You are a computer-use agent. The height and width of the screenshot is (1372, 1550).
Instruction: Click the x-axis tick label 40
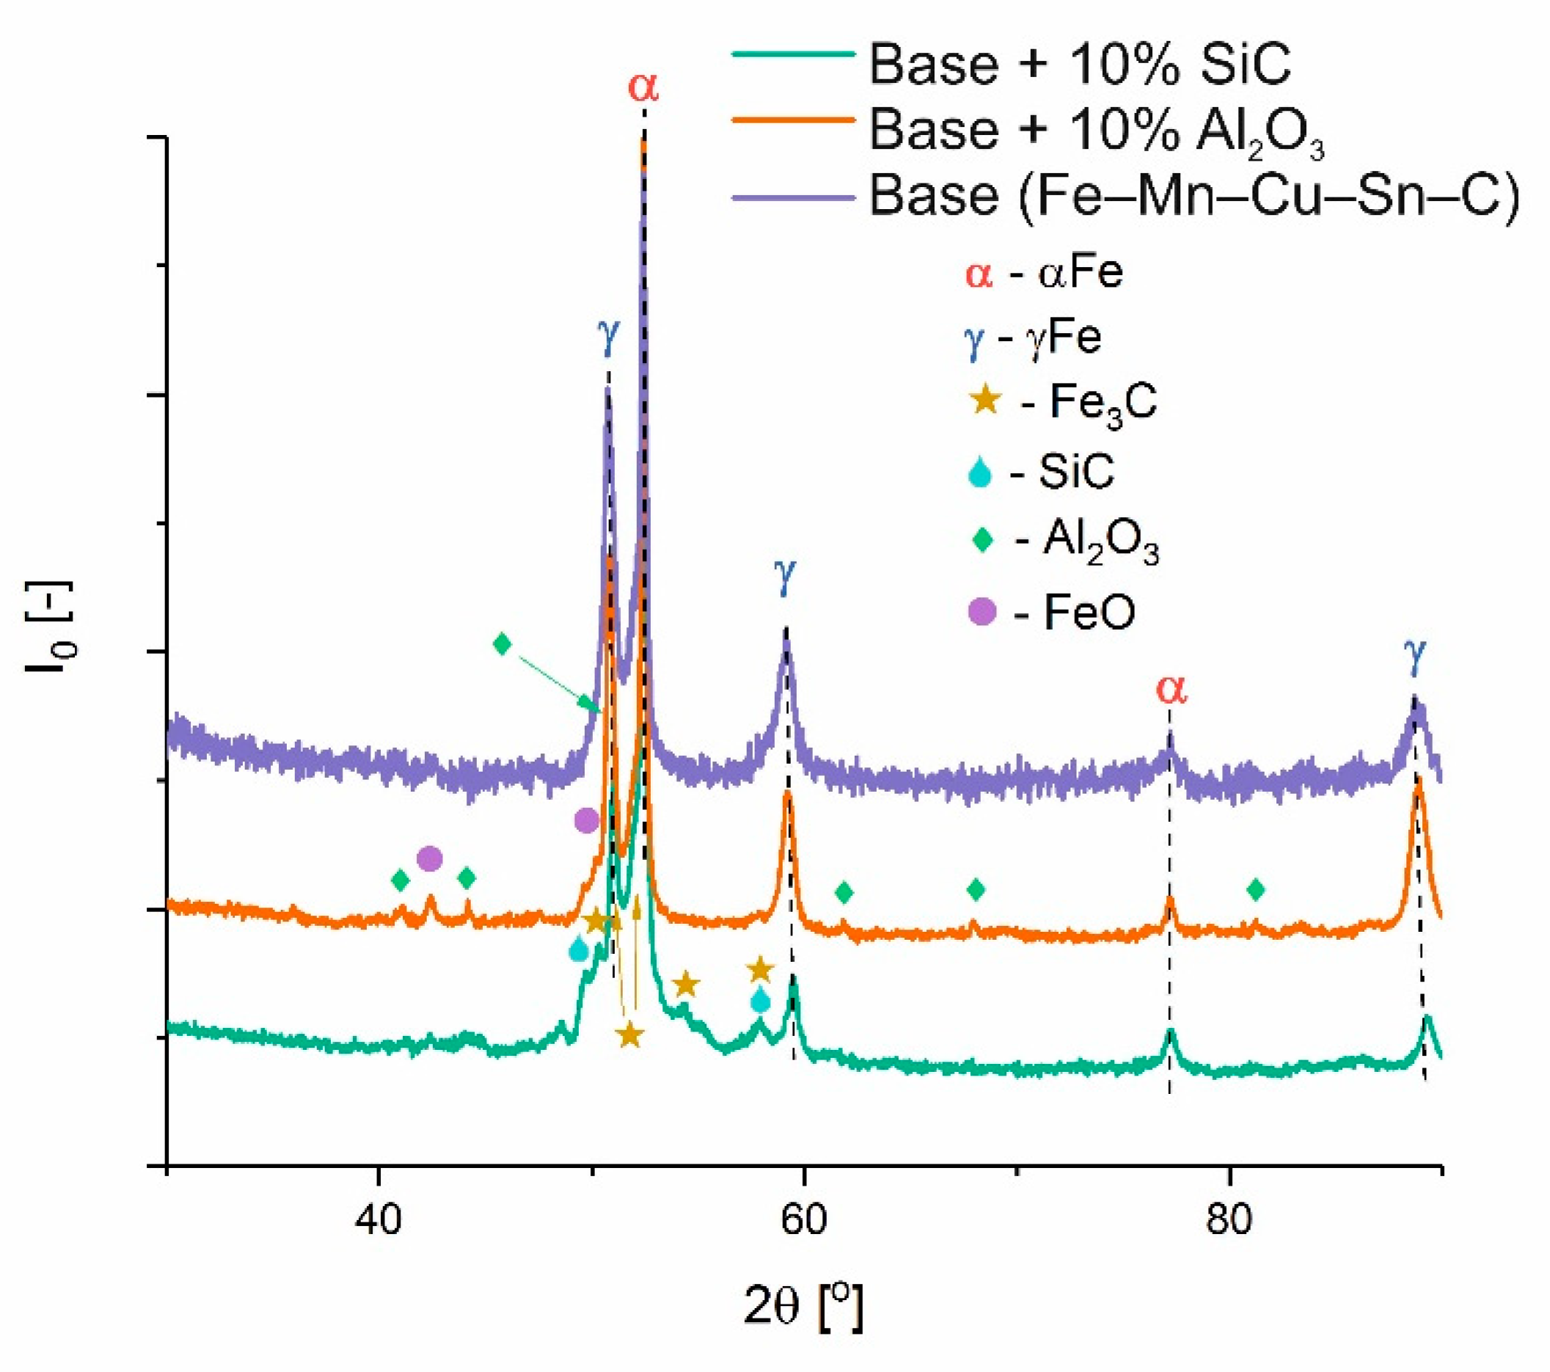[x=378, y=1220]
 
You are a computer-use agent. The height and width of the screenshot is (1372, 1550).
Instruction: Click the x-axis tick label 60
[x=803, y=1220]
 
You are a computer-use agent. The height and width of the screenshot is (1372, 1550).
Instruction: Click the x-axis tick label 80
[x=1229, y=1220]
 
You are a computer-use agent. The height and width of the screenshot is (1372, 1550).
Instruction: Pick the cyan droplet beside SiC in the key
[x=981, y=472]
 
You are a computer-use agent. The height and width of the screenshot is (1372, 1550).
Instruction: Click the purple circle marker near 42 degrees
[x=429, y=858]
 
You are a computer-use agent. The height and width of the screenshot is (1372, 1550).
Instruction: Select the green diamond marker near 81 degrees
[x=1256, y=890]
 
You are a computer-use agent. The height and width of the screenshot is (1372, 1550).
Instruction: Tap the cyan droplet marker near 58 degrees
[x=761, y=1001]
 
